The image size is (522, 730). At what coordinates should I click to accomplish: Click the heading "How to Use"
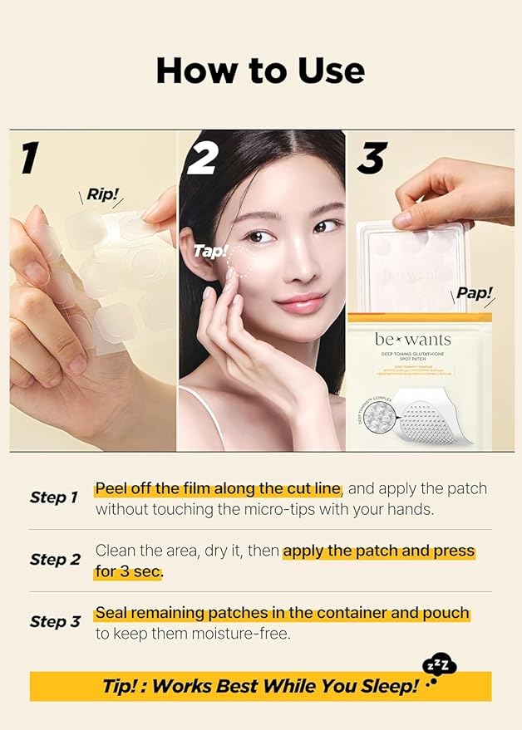pos(260,71)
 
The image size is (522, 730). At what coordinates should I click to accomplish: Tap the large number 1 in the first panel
pos(30,158)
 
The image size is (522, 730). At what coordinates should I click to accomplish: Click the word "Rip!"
pos(104,196)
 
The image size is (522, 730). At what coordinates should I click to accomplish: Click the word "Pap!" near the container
pos(474,292)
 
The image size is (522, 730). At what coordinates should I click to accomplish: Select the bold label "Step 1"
pos(53,497)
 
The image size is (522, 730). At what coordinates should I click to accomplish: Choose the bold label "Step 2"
pos(53,560)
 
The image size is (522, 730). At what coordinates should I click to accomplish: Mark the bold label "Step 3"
pos(53,622)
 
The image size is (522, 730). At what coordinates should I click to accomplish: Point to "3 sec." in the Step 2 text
pos(140,571)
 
